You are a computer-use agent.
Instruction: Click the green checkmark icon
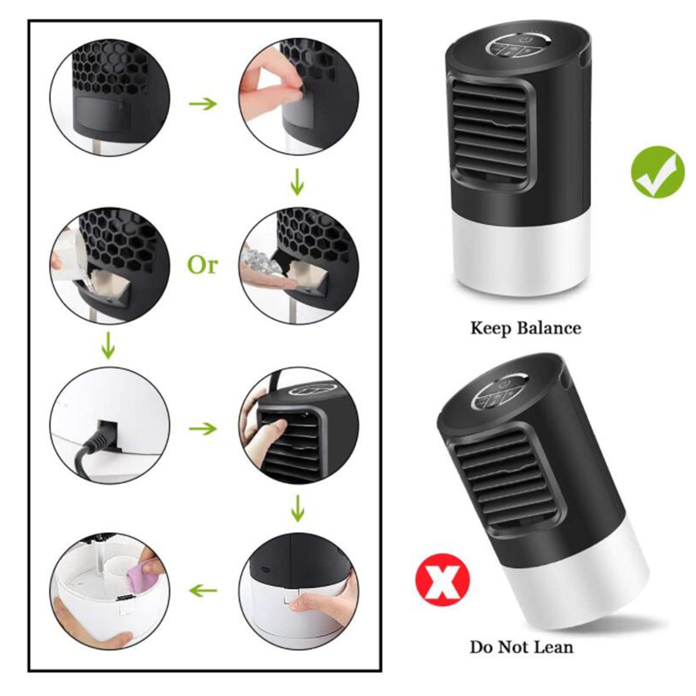[x=657, y=172]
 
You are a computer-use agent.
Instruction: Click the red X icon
[x=442, y=580]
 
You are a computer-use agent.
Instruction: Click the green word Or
[x=202, y=264]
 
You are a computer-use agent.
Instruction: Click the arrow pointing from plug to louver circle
[x=203, y=429]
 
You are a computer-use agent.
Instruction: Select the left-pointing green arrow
[x=203, y=591]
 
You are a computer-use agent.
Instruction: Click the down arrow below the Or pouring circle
[x=108, y=345]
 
